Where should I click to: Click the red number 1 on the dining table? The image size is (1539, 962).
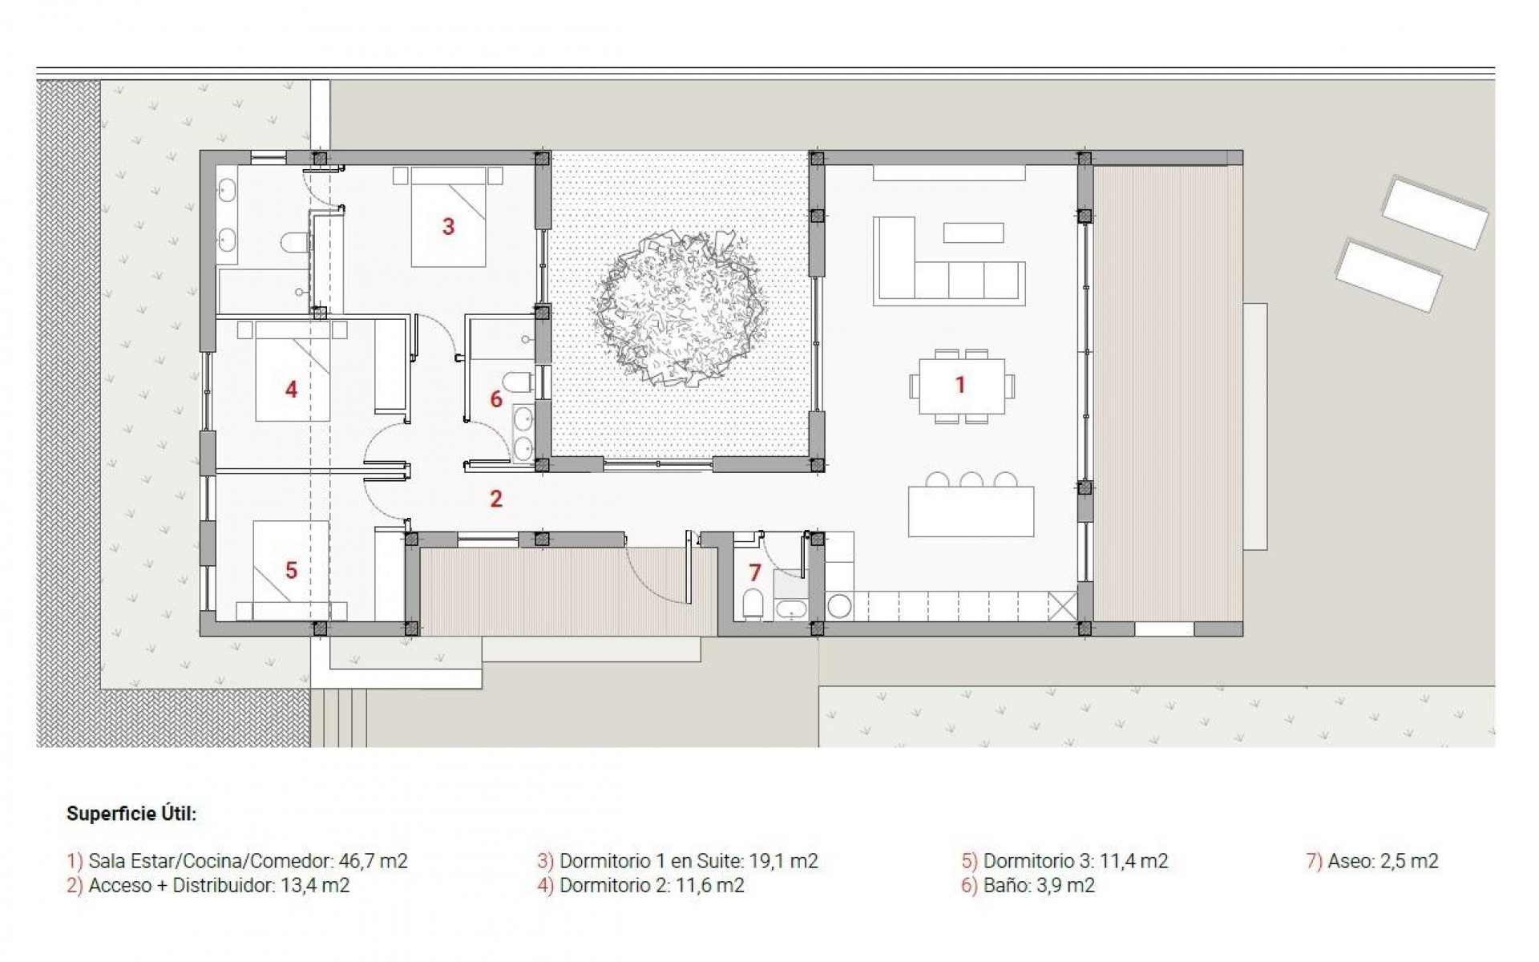(959, 385)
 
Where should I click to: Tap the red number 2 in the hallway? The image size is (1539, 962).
(496, 499)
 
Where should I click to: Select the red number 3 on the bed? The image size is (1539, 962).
(448, 227)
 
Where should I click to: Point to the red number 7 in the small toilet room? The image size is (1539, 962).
(754, 572)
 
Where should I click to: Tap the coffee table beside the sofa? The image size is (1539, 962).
(973, 232)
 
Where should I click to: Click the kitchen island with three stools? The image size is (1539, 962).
(971, 511)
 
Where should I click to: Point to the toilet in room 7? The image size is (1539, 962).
(753, 603)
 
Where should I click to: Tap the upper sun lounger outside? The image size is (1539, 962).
(1434, 212)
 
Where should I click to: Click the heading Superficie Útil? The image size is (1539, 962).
(131, 814)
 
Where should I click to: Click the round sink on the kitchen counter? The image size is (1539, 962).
(839, 605)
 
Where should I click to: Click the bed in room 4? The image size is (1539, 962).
(293, 377)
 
